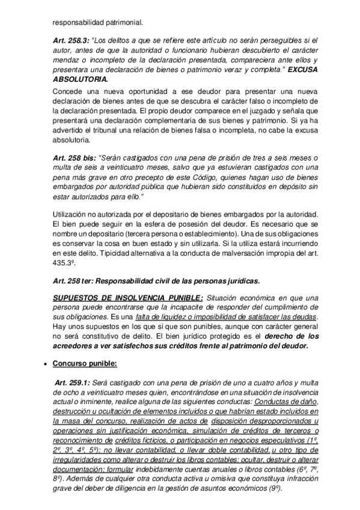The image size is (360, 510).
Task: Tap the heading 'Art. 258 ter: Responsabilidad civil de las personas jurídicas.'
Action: (156, 280)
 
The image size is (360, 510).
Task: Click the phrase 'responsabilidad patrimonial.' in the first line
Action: (97, 23)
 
